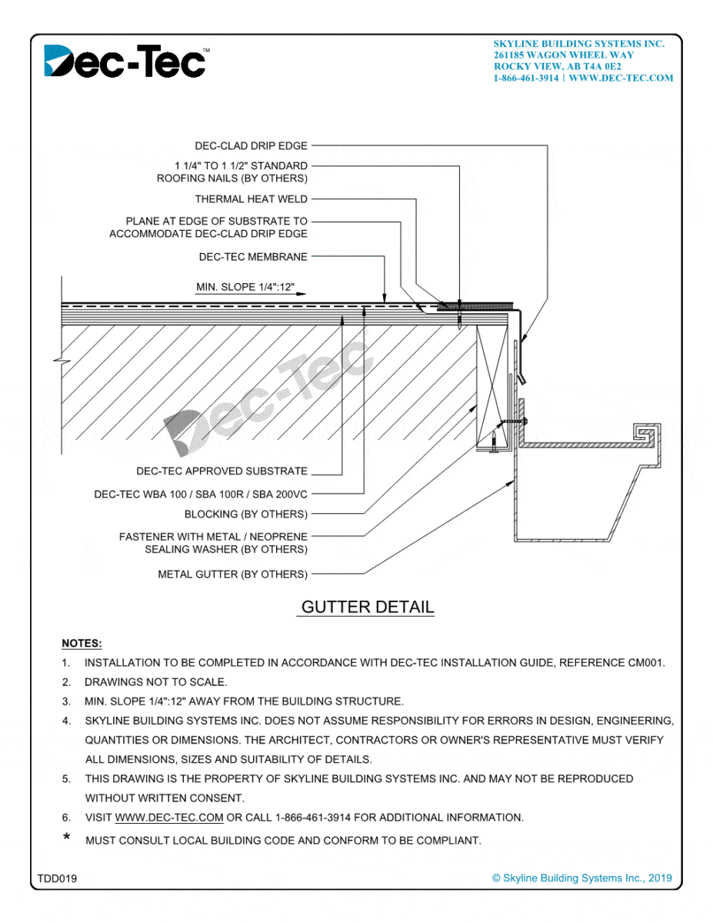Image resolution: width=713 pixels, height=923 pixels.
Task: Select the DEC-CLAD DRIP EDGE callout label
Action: (x=251, y=145)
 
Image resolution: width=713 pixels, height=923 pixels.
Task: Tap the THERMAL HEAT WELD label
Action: (x=251, y=199)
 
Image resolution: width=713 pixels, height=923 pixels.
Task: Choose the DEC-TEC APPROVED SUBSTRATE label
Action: (x=222, y=471)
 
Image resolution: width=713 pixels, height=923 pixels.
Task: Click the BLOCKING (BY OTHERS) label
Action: (x=245, y=514)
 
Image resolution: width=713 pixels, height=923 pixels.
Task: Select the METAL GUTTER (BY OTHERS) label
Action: (x=232, y=574)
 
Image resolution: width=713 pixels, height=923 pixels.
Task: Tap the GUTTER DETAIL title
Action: (x=368, y=607)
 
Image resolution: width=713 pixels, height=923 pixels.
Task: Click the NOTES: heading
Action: (x=82, y=643)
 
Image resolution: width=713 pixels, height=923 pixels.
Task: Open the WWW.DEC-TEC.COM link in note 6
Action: (x=169, y=818)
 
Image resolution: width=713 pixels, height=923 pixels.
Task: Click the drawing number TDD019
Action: (x=57, y=878)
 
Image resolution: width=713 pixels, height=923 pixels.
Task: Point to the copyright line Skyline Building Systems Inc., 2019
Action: (x=582, y=878)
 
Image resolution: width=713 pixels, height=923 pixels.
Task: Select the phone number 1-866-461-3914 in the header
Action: (x=526, y=78)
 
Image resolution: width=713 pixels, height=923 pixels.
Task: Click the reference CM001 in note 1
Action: (x=647, y=662)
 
